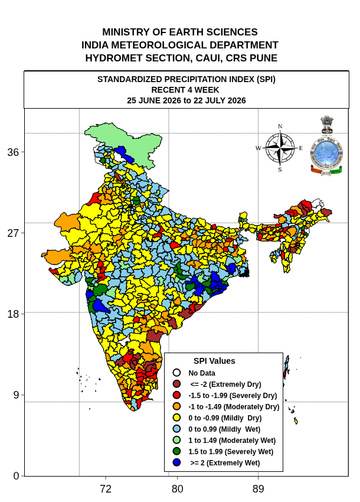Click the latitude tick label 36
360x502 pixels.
(13, 152)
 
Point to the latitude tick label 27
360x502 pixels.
(13, 233)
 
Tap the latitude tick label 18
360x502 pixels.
(13, 314)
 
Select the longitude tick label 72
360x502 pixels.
(106, 489)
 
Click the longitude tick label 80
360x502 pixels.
(177, 489)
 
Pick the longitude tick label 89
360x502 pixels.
(258, 489)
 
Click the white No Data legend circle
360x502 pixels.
(176, 373)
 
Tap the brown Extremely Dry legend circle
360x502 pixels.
(176, 384)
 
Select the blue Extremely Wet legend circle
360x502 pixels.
(176, 462)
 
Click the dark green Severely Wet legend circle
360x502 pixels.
(176, 451)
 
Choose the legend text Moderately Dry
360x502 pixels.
(251, 407)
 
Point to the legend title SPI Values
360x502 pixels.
(214, 361)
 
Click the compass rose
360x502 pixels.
(280, 148)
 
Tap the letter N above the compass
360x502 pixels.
(280, 126)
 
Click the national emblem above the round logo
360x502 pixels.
(327, 125)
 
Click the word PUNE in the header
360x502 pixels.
(263, 58)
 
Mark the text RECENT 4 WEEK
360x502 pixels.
(185, 90)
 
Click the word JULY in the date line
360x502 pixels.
(215, 100)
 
